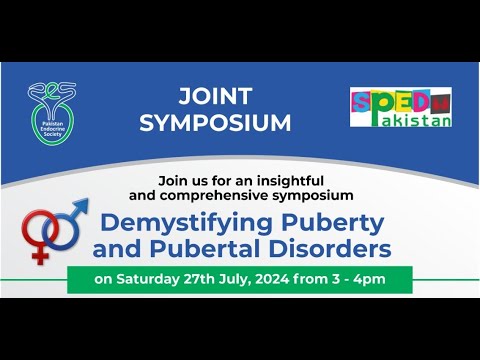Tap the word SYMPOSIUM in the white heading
[216, 124]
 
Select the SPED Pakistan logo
[400, 107]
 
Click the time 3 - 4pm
[369, 280]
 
